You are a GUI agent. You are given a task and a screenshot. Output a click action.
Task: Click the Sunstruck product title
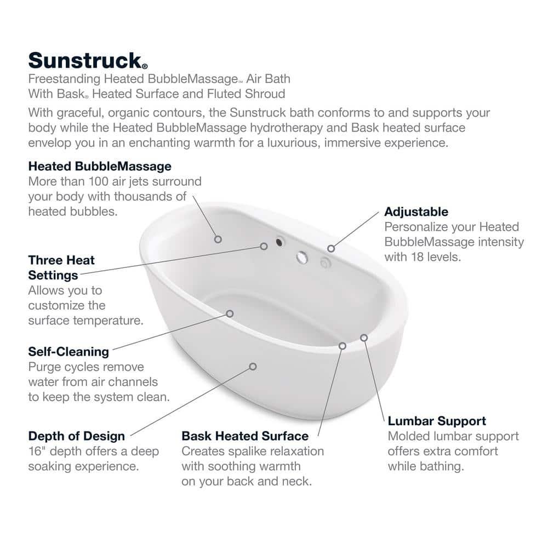88,61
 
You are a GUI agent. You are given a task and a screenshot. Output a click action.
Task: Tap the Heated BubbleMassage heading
100,167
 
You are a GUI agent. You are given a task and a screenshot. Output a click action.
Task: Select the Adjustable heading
416,212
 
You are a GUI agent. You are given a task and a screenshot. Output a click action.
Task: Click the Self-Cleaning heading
68,352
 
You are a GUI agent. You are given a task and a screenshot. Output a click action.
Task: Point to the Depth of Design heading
77,436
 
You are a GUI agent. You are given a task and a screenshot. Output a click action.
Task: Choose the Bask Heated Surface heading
245,436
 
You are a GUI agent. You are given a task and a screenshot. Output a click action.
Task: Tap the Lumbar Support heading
437,421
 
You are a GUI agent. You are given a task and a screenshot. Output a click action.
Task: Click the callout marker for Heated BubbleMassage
218,239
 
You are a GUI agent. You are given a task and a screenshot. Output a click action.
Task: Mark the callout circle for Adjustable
331,248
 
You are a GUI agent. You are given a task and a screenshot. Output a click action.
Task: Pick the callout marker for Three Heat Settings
264,247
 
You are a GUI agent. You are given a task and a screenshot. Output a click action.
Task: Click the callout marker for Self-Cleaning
230,314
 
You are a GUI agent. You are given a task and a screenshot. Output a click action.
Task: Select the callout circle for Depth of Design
253,367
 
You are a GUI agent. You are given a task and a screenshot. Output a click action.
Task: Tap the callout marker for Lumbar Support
364,338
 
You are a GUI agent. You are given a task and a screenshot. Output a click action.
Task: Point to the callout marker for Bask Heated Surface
342,346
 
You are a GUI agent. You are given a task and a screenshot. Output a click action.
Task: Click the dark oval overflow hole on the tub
279,242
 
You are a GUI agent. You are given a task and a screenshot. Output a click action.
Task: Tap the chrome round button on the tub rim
302,258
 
